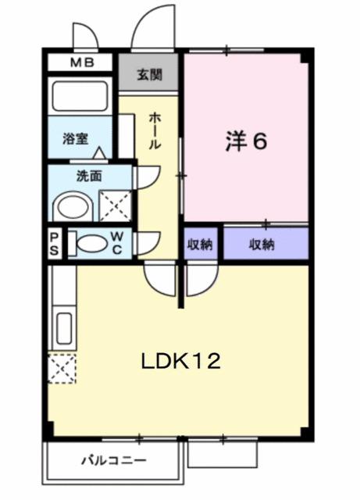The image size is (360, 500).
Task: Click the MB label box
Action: (x=81, y=63)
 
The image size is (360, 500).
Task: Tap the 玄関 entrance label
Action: (x=150, y=75)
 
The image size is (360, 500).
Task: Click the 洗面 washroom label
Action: (x=88, y=176)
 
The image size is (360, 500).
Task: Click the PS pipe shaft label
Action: (x=55, y=243)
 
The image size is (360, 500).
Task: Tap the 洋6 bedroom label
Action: (x=247, y=141)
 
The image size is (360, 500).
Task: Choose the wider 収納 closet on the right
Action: (x=262, y=244)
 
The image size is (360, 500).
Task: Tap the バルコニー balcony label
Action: (x=112, y=460)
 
